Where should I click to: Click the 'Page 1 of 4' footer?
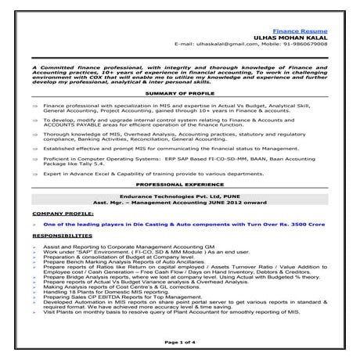pyautogui.click(x=179, y=342)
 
